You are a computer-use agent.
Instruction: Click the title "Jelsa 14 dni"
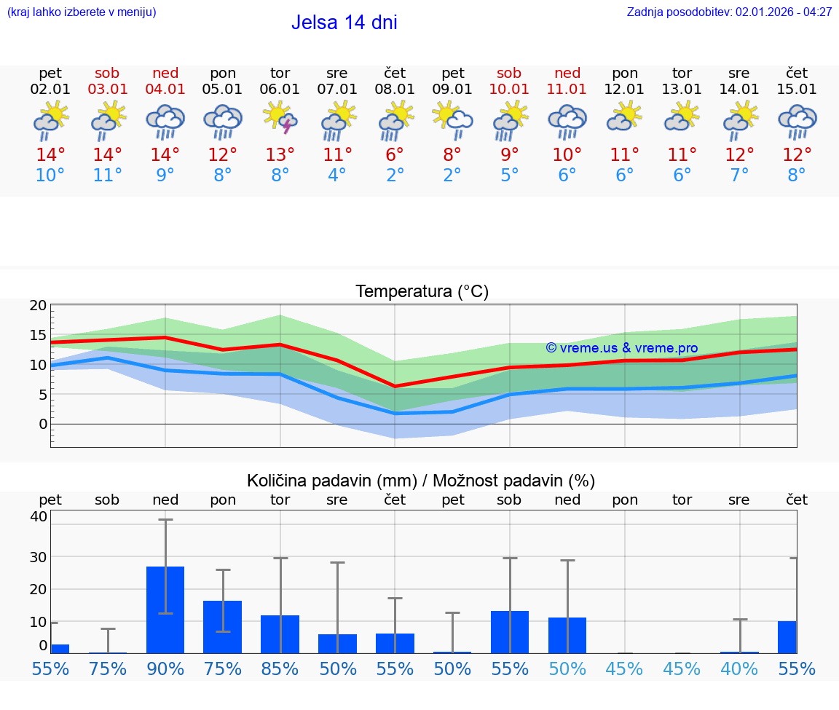coord(344,23)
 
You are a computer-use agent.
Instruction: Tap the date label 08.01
coord(395,90)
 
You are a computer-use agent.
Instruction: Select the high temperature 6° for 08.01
coord(395,154)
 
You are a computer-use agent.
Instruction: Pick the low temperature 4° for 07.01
coord(337,175)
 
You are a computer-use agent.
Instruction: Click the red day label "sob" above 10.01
coord(509,73)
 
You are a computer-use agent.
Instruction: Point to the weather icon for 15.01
coord(797,121)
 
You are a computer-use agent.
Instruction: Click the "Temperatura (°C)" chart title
coord(422,292)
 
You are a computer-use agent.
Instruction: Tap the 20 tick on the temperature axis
coord(38,306)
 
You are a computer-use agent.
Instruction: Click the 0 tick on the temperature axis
coord(42,424)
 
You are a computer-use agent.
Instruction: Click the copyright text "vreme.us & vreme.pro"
coord(622,348)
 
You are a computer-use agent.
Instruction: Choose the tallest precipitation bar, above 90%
coord(165,610)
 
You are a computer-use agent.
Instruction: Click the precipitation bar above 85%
coord(280,634)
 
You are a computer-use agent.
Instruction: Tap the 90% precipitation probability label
coord(165,669)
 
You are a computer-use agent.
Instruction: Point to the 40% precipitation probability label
coord(739,669)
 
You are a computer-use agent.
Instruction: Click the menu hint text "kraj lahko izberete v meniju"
coord(81,12)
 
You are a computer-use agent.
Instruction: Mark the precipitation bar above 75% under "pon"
coord(222,626)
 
